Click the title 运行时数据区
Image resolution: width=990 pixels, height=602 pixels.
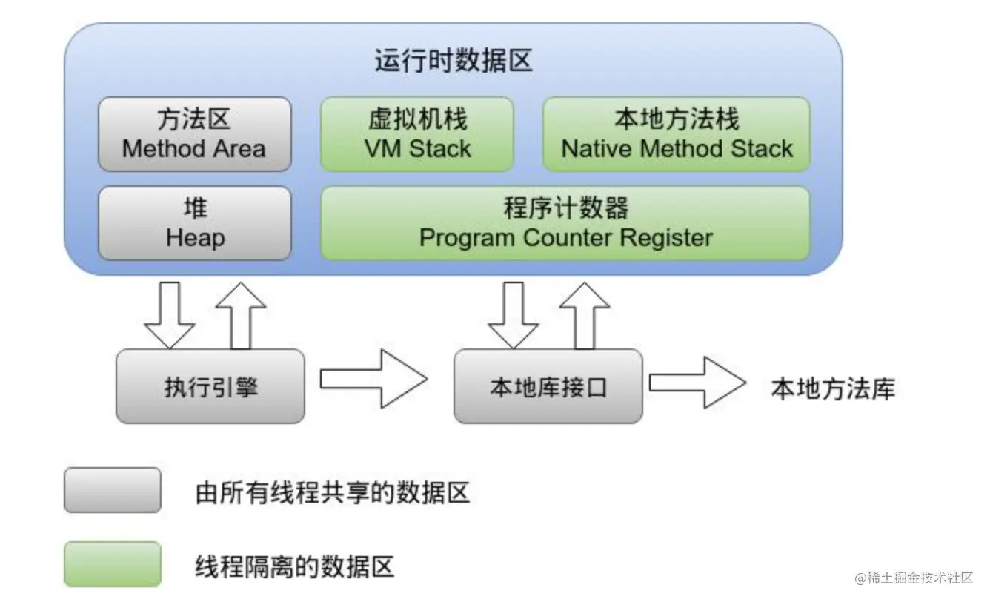pyautogui.click(x=453, y=61)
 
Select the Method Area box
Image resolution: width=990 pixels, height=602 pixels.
pyautogui.click(x=194, y=134)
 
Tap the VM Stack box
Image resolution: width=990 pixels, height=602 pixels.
pyautogui.click(x=417, y=134)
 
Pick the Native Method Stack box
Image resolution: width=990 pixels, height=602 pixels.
pyautogui.click(x=677, y=134)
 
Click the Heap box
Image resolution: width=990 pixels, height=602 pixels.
pyautogui.click(x=194, y=223)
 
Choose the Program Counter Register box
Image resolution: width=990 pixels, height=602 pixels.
pyautogui.click(x=565, y=223)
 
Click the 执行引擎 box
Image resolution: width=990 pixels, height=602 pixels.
pyautogui.click(x=210, y=386)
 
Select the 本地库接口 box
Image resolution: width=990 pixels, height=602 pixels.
pyautogui.click(x=548, y=386)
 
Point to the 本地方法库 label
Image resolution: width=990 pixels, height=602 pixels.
pyautogui.click(x=833, y=388)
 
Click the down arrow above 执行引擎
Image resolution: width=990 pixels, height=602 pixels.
pyautogui.click(x=169, y=314)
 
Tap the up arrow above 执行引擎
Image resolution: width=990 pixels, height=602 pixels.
pyautogui.click(x=240, y=314)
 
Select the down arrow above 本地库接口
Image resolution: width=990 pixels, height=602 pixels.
pyautogui.click(x=513, y=314)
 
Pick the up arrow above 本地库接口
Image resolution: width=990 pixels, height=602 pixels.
pyautogui.click(x=585, y=314)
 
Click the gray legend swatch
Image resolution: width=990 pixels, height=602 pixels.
pyautogui.click(x=112, y=490)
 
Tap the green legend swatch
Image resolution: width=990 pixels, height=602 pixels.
pyautogui.click(x=112, y=564)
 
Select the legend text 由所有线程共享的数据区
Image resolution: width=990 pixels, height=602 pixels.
pyautogui.click(x=333, y=492)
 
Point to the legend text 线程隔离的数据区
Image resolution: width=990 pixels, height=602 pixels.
pyautogui.click(x=295, y=566)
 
